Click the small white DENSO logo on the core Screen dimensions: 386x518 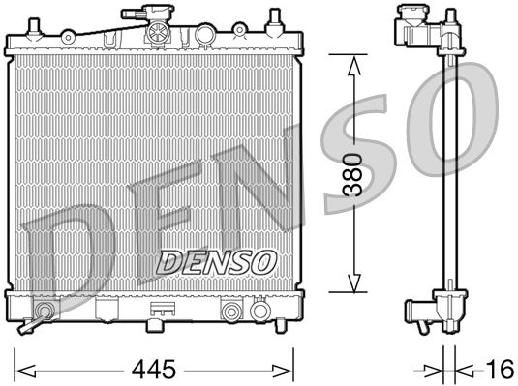[217, 260]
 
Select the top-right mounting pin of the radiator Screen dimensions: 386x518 [275, 19]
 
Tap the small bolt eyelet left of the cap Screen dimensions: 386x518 [67, 37]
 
